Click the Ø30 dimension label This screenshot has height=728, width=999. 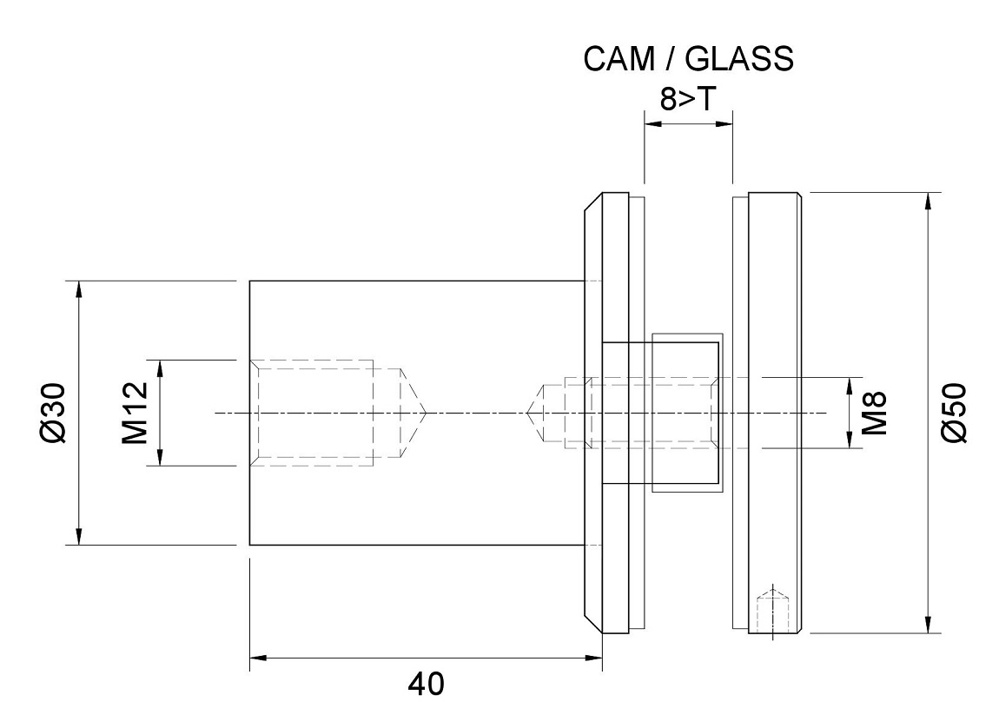pos(53,413)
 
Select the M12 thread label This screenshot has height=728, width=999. pos(135,413)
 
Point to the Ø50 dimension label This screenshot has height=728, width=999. pos(954,413)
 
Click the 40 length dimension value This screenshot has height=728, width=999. pos(427,685)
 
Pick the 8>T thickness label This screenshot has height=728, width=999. pos(688,99)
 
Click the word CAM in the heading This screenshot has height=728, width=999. pos(619,58)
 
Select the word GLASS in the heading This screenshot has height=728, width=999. pos(739,58)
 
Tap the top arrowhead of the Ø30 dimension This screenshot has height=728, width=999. pos(79,288)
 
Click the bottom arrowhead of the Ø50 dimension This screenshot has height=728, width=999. pos(929,625)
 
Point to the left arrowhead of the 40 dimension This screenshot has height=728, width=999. pos(258,659)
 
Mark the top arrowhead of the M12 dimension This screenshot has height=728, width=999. pos(160,368)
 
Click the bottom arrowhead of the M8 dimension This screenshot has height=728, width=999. pos(850,440)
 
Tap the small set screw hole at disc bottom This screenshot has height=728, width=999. pos(772,612)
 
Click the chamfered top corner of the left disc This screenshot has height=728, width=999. pos(593,202)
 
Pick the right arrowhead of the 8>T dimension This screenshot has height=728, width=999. pos(724,123)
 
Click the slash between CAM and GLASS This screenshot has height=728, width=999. pos(670,58)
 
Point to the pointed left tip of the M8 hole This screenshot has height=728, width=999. pos(527,414)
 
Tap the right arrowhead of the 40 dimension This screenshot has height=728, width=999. pos(594,659)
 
